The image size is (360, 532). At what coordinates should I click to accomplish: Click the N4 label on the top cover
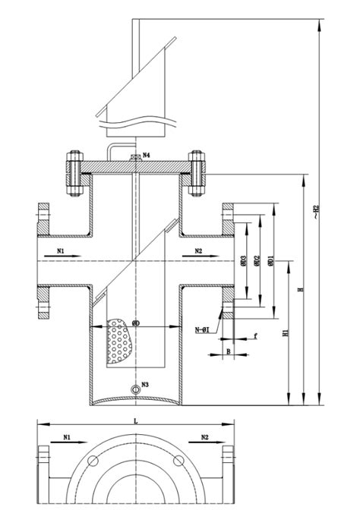click(x=145, y=156)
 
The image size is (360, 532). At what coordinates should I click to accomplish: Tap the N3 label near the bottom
click(x=145, y=384)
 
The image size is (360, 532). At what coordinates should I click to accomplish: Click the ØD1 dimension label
click(x=270, y=262)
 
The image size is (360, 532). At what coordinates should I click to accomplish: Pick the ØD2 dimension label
click(x=258, y=262)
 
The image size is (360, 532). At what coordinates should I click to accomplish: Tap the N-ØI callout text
click(x=203, y=329)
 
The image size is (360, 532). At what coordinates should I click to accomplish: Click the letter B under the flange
click(x=228, y=351)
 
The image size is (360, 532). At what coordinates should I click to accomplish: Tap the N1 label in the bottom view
click(x=67, y=437)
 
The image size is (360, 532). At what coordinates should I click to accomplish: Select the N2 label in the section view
click(x=198, y=250)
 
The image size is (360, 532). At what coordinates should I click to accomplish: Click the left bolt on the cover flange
click(x=74, y=175)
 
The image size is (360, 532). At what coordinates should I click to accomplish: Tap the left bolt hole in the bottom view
click(x=93, y=460)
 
